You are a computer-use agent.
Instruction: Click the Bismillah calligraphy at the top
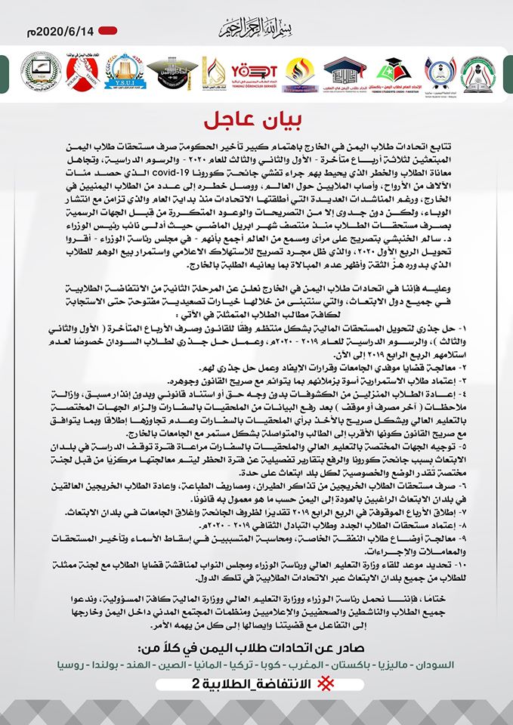coord(257,29)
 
